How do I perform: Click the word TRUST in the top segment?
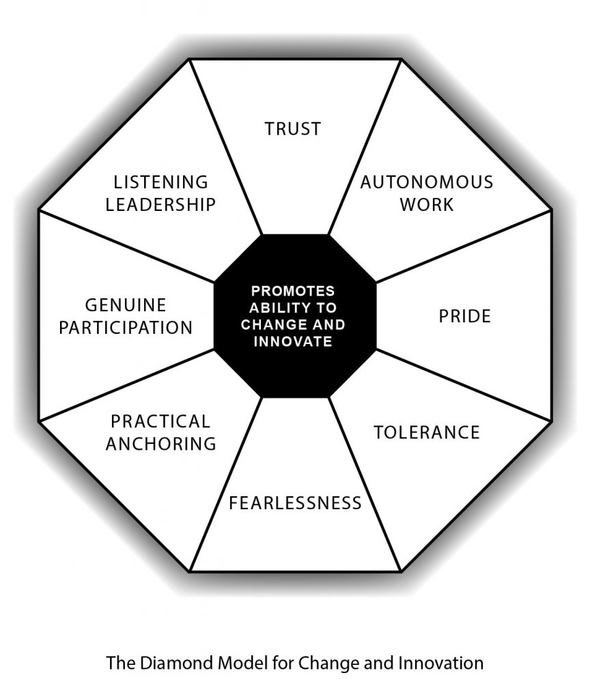pos(293,128)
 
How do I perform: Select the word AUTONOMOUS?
pos(427,182)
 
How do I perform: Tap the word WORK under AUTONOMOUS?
pos(427,204)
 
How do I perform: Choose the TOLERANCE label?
pos(427,432)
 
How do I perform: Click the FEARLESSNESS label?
pos(295,503)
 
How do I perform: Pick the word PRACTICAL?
pos(160,420)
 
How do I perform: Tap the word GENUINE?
pos(126,304)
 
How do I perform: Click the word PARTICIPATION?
pos(126,327)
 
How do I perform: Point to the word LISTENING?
pos(161,182)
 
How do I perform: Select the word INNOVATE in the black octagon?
pos(293,341)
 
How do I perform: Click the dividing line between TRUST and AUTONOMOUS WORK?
pos(364,147)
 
